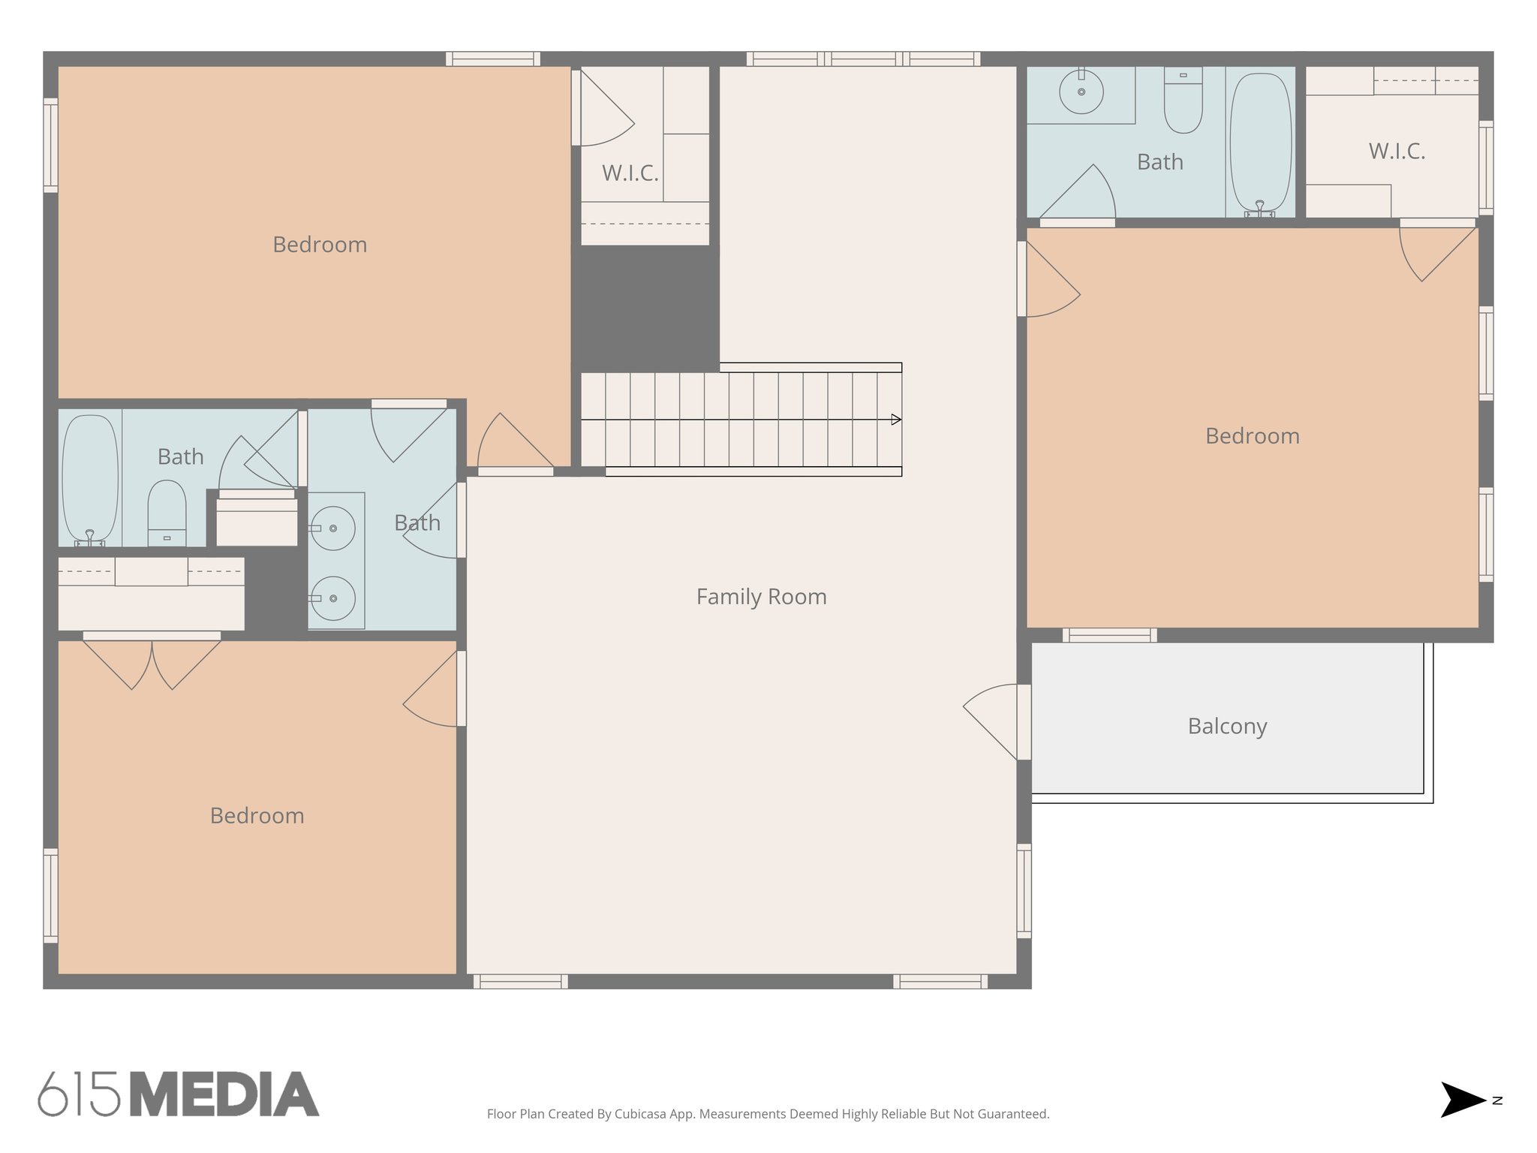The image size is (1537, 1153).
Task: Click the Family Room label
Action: (x=761, y=597)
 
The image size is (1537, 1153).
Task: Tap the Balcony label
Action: (x=1227, y=726)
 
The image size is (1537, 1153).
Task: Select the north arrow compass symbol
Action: (x=1464, y=1100)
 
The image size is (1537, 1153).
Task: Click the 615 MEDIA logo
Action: (x=179, y=1094)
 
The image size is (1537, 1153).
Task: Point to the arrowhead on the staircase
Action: (x=896, y=420)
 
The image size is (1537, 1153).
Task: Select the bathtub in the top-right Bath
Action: (x=1261, y=143)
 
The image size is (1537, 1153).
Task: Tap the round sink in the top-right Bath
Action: (x=1081, y=92)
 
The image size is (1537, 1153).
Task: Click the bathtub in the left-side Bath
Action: (x=90, y=479)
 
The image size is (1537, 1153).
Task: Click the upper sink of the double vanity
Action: (x=332, y=528)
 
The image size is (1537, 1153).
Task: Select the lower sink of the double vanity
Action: (x=332, y=598)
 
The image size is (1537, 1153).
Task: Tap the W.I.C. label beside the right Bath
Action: (x=1397, y=151)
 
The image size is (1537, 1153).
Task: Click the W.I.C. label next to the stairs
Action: (x=630, y=173)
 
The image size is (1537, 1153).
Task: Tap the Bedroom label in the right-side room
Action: (x=1252, y=436)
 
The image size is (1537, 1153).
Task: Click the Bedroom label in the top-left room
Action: (x=320, y=245)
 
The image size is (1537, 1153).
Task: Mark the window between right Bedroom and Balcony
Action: (x=1109, y=636)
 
